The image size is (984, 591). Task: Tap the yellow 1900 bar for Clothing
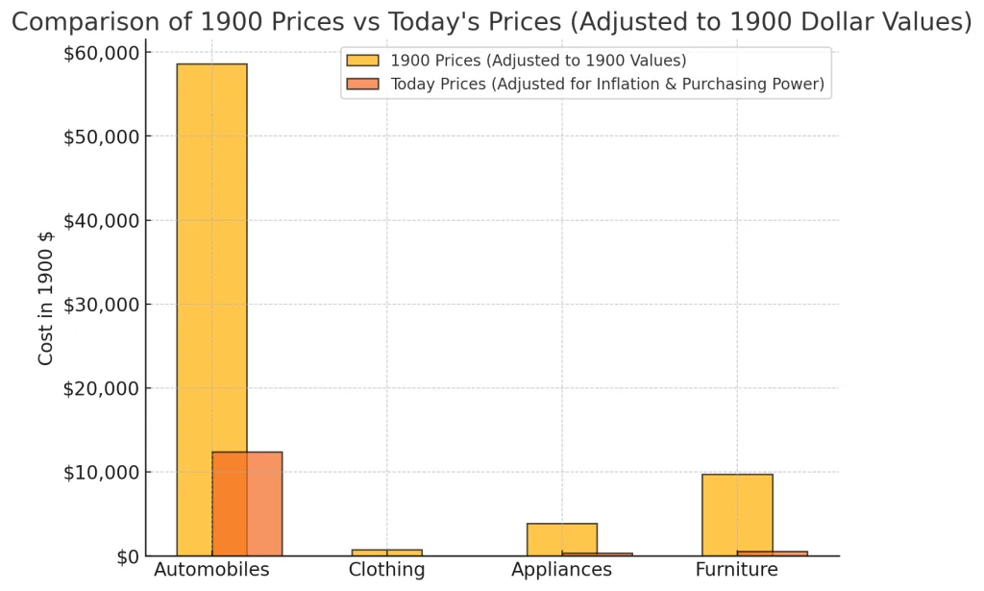pos(386,553)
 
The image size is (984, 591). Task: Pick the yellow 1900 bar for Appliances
pos(562,538)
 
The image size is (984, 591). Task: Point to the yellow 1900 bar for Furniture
pos(737,513)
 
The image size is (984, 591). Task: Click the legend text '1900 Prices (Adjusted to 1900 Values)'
pos(538,61)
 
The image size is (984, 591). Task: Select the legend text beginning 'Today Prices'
pos(607,85)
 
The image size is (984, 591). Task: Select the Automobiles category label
pos(211,570)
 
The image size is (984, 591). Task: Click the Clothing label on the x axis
pos(386,570)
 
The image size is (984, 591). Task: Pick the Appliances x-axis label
pos(561,570)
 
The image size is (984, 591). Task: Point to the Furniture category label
pos(737,570)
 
